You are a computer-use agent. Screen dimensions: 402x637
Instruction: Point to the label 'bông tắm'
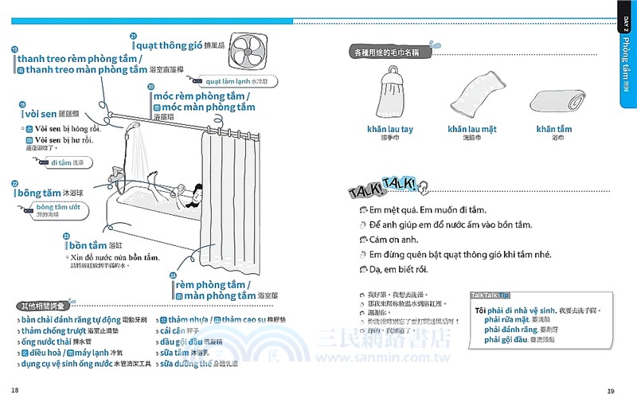pos(40,193)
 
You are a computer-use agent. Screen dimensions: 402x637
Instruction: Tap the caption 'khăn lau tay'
pos(390,128)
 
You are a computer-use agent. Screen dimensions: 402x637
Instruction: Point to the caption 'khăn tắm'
pos(553,128)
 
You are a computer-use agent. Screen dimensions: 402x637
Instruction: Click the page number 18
pos(15,390)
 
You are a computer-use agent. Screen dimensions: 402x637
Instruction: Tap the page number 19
pos(611,390)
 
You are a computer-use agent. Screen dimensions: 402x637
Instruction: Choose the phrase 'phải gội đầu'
pos(506,340)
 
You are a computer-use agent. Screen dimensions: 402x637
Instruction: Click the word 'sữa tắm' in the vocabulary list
pos(179,352)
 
